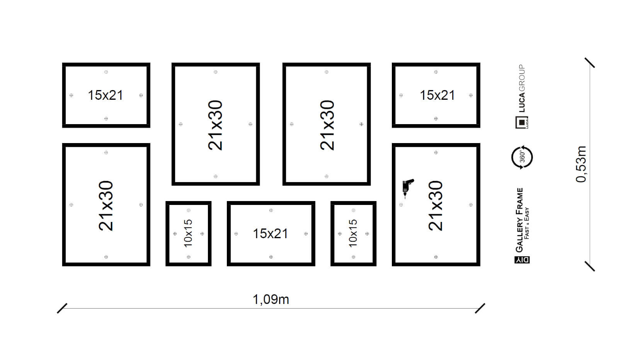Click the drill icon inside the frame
coord(408,188)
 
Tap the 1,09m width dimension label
coord(271,299)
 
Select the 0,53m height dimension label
coord(581,164)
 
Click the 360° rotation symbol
coord(522,157)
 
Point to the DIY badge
coord(522,260)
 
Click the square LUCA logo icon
coord(522,122)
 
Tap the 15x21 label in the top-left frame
coord(105,95)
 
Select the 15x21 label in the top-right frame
coord(437,95)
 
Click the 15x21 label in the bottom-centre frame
coord(270,234)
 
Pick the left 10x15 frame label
coord(188,234)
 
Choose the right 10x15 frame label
coord(353,234)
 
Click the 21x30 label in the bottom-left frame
coord(105,205)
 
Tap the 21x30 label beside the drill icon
coord(436,205)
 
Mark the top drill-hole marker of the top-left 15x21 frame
coord(106,72)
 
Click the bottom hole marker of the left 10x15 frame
coord(189,257)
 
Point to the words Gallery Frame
coord(519,220)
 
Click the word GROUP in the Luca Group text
coord(522,78)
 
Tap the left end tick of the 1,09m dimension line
coord(62,309)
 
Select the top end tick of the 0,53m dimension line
coord(590,63)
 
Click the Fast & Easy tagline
coord(527,223)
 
